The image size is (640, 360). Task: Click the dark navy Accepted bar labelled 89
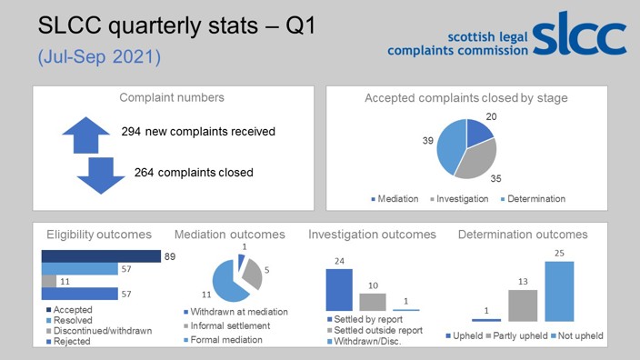click(x=100, y=256)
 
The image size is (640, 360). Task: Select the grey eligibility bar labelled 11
click(x=48, y=282)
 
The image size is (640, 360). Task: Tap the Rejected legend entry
click(x=73, y=342)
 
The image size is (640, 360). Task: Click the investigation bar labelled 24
click(x=338, y=290)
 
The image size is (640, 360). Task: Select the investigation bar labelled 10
click(x=372, y=302)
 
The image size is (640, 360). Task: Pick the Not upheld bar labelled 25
click(x=560, y=291)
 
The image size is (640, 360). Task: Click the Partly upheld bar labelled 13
click(x=523, y=305)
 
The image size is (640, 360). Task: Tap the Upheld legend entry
click(x=466, y=336)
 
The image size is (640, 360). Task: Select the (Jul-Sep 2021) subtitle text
click(x=99, y=56)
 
